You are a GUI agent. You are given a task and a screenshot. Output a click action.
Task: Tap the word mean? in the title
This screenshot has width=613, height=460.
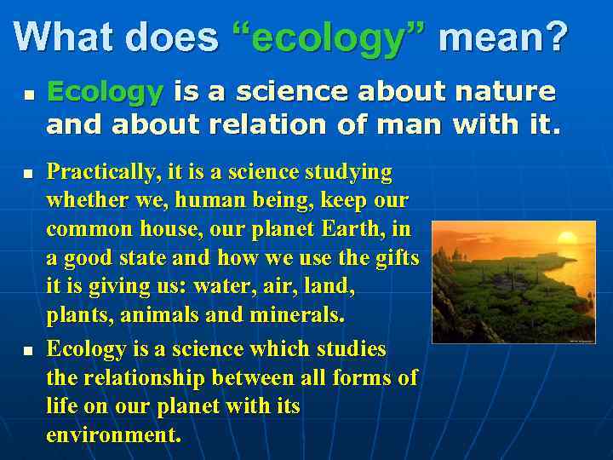[x=502, y=37]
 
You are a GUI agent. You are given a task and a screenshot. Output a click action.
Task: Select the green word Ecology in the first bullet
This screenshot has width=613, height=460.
[x=105, y=91]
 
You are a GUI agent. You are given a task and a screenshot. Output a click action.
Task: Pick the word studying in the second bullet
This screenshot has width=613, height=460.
[x=351, y=173]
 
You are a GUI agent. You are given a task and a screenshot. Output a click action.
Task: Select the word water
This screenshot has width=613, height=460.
[x=221, y=287]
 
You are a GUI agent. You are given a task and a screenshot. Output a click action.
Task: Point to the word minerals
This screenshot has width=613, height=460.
[x=297, y=315]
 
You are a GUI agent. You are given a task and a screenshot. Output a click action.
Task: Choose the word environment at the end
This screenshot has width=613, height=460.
[x=113, y=434]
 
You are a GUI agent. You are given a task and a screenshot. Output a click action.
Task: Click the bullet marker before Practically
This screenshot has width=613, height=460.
[x=27, y=174]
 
